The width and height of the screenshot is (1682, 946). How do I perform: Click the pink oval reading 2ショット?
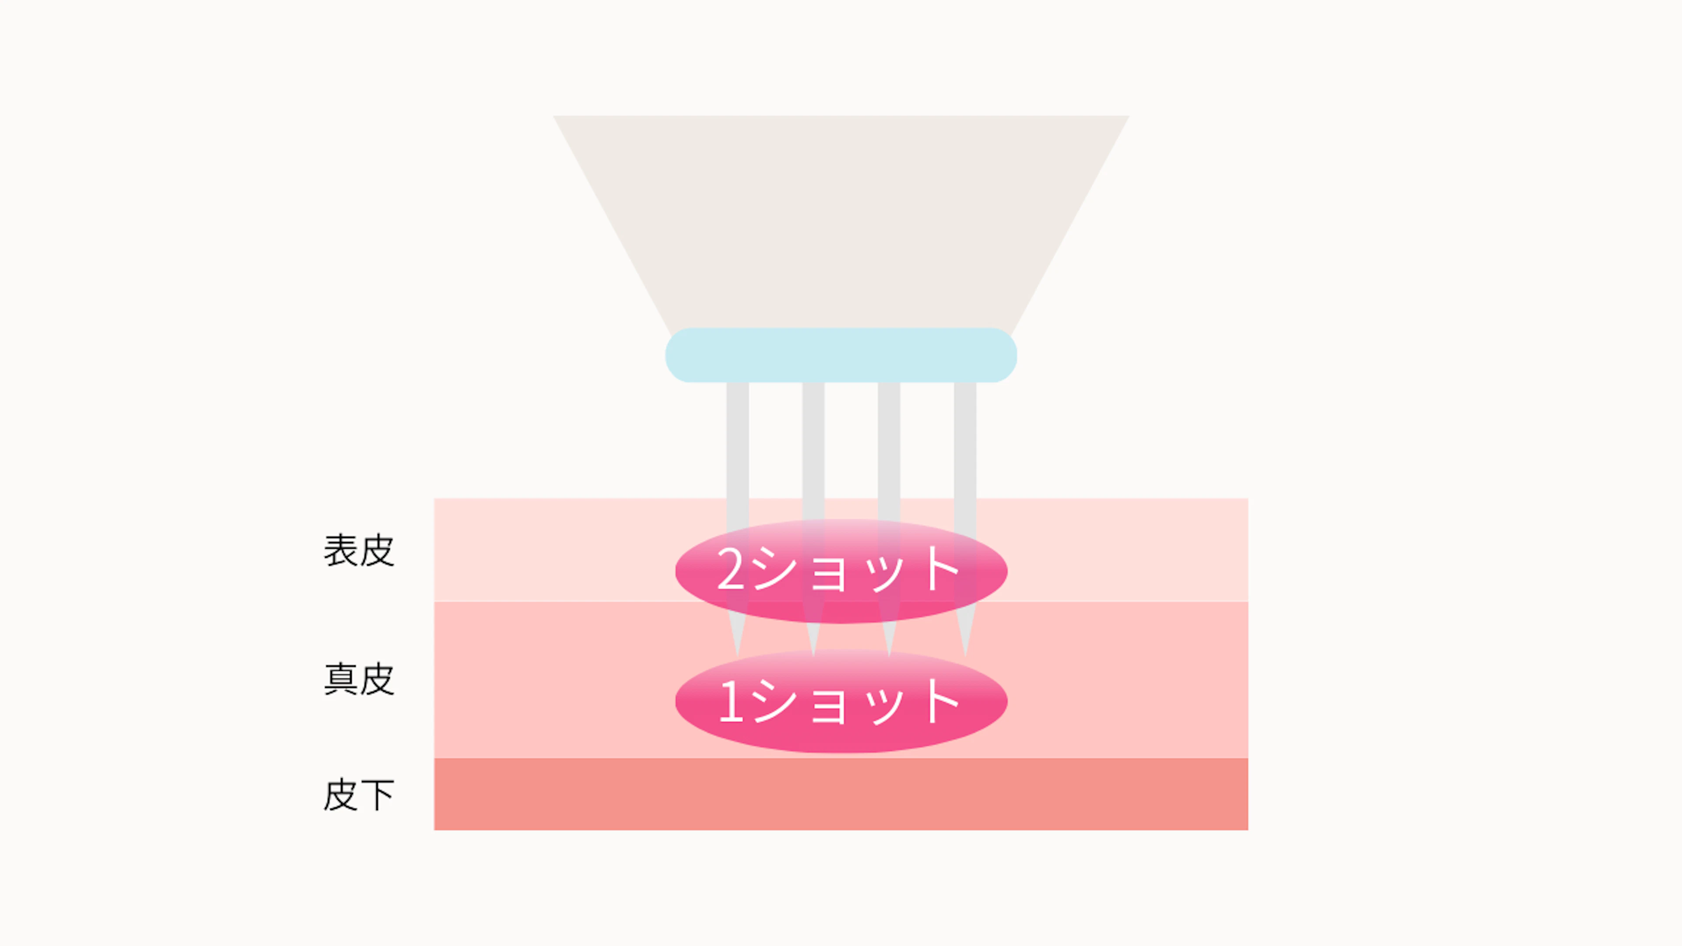click(841, 571)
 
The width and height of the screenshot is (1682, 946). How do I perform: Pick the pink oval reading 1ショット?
click(841, 701)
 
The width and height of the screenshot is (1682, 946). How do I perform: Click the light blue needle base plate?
click(841, 355)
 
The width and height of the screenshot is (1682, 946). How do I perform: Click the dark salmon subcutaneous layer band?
click(841, 794)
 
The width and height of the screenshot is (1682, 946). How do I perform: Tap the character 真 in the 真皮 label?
click(340, 680)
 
